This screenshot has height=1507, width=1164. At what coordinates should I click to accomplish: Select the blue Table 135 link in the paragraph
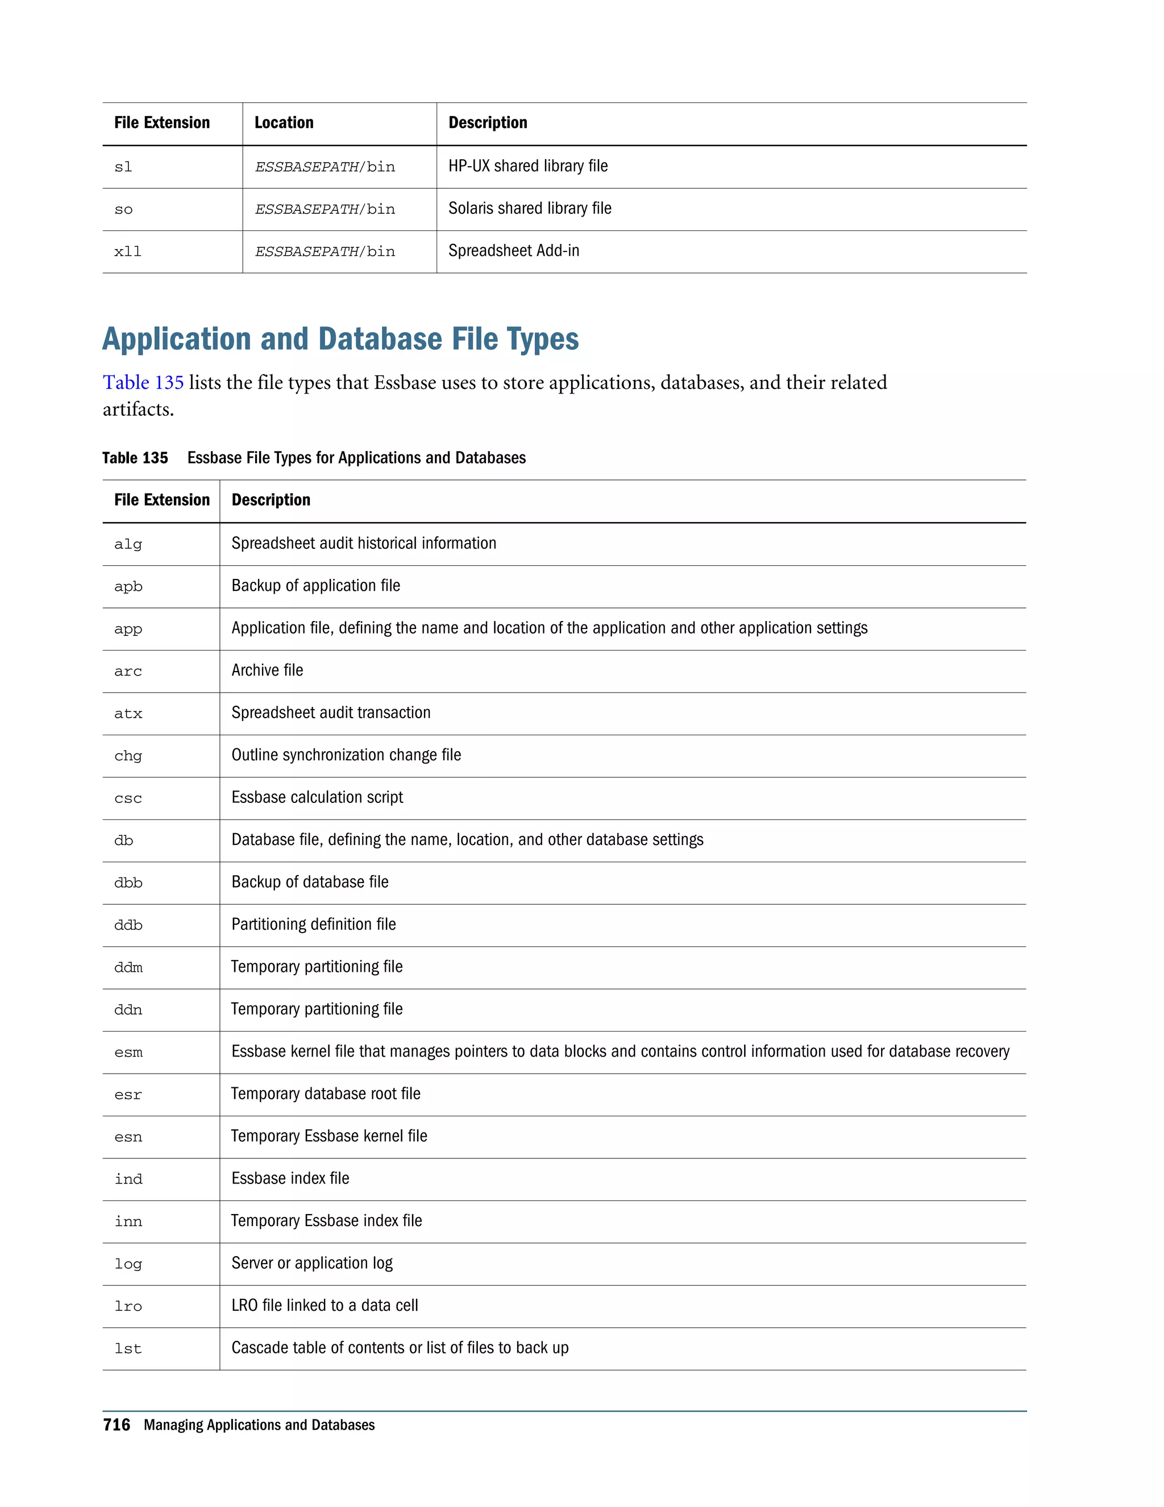point(143,382)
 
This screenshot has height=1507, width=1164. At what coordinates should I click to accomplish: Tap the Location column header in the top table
point(284,123)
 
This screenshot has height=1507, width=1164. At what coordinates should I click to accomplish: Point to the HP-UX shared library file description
point(527,166)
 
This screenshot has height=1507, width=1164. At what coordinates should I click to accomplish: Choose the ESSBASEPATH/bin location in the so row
point(325,209)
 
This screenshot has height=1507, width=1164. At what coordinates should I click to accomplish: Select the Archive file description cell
point(267,670)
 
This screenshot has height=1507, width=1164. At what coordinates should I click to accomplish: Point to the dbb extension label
point(128,883)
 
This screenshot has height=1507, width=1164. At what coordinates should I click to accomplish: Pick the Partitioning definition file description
point(314,924)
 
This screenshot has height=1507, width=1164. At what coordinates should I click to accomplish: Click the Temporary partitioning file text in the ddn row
point(317,1009)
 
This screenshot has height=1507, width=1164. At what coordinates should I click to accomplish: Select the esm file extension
point(128,1052)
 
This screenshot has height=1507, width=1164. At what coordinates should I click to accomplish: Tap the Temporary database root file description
point(326,1094)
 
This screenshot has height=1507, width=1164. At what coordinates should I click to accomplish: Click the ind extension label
point(128,1179)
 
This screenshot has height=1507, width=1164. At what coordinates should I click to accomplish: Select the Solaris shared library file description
point(530,208)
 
